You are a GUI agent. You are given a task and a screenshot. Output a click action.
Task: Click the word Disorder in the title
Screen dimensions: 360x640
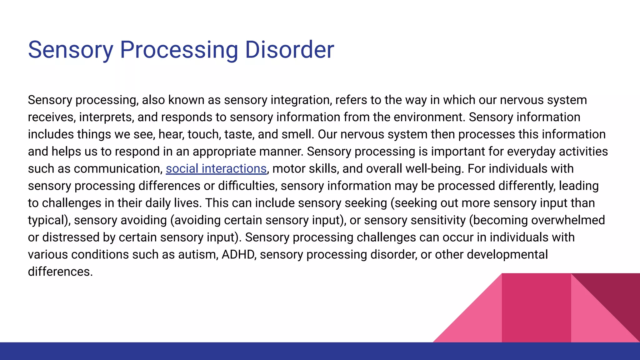[289, 50]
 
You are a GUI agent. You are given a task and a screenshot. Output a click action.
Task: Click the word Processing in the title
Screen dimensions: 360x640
[179, 50]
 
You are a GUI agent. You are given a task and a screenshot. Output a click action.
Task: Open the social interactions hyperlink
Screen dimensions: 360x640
[216, 169]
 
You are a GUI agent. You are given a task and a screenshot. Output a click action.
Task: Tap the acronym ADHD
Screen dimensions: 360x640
[238, 255]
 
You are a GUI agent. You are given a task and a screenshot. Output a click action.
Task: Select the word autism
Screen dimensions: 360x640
[197, 255]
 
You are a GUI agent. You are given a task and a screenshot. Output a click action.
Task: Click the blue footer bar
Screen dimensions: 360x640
[320, 351]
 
